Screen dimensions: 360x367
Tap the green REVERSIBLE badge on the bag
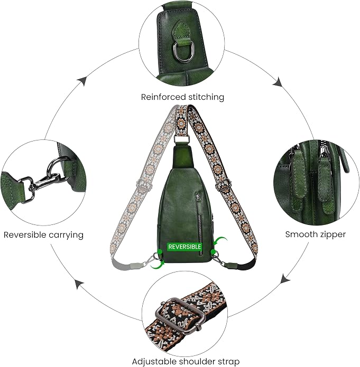click(184, 247)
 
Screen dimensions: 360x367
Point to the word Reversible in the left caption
click(25, 234)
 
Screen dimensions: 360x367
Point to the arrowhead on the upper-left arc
click(83, 81)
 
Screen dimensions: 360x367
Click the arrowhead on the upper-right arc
click(278, 82)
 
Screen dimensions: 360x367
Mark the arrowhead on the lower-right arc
click(285, 278)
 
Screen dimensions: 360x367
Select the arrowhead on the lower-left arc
click(80, 284)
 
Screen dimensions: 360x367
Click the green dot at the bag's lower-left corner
click(160, 252)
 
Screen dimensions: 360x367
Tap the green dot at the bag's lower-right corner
click(213, 252)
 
